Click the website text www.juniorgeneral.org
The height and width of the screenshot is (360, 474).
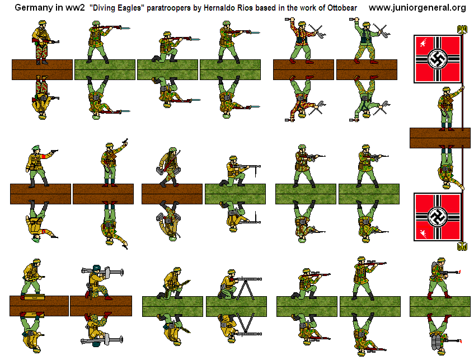click(417, 7)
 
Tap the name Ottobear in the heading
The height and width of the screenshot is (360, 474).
click(339, 8)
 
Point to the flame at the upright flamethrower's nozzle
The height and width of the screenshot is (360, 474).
click(459, 272)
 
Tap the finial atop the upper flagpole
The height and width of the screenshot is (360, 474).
click(462, 28)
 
